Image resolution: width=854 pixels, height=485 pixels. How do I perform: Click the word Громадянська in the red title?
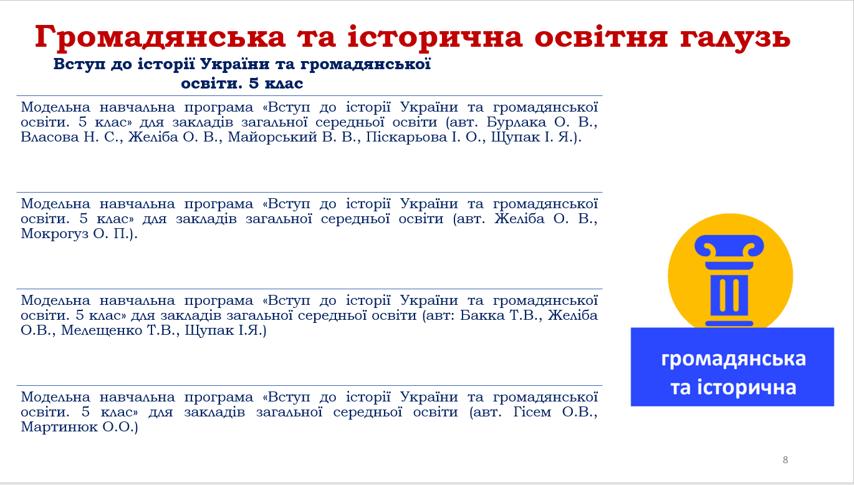point(160,37)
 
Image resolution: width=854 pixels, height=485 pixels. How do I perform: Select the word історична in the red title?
point(434,37)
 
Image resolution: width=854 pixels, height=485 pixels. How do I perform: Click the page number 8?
point(785,460)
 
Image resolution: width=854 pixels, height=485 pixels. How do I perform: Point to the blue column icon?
point(729,281)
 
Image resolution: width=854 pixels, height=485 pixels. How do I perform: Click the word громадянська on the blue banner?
point(733,359)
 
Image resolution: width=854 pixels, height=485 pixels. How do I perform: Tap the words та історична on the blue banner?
point(733,387)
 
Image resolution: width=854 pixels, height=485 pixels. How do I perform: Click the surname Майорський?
point(272,137)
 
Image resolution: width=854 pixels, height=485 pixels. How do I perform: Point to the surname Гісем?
point(532,412)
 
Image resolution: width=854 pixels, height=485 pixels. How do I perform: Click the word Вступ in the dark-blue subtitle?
point(79,64)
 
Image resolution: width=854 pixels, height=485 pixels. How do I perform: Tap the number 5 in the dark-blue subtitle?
point(254,84)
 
